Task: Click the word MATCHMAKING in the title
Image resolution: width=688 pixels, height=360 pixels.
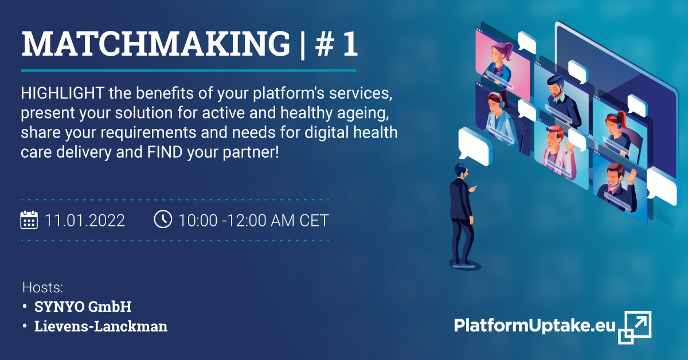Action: click(156, 44)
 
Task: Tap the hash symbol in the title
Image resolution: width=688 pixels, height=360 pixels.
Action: click(325, 44)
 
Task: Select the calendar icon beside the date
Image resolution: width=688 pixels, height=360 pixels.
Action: click(29, 220)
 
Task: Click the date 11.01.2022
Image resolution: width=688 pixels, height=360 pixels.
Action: click(85, 220)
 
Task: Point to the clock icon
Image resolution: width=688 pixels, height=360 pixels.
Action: click(163, 219)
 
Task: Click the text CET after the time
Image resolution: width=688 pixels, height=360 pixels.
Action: click(314, 220)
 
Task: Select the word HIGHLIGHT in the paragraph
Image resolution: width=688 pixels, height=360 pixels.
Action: click(62, 93)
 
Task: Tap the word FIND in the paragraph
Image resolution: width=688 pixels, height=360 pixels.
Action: click(165, 152)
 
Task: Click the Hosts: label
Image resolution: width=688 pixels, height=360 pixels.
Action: click(42, 288)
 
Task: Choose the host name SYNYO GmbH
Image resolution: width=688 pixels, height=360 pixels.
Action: click(83, 307)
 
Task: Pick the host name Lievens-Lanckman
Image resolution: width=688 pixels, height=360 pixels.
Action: click(101, 326)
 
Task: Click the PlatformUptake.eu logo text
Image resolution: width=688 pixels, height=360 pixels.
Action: click(535, 326)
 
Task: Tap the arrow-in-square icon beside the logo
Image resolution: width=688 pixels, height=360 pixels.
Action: click(635, 327)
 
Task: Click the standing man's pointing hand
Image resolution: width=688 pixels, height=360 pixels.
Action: click(473, 188)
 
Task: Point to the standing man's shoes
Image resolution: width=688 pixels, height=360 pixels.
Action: click(464, 264)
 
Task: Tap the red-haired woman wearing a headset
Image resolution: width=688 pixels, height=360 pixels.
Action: click(618, 132)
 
